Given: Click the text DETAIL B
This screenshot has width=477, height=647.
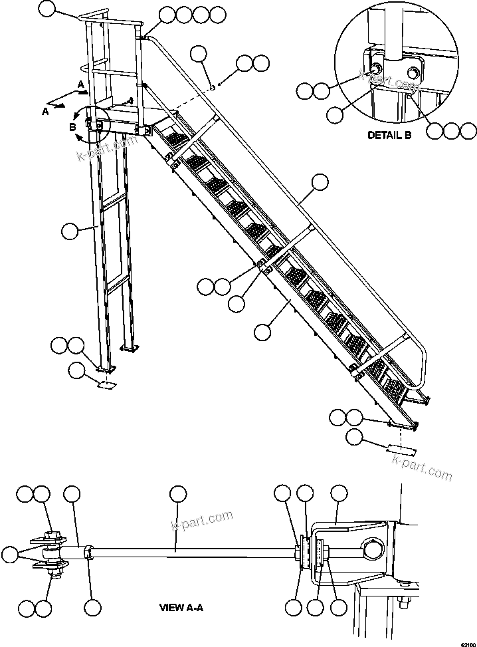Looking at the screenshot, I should (389, 135).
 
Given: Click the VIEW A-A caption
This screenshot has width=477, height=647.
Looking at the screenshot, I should (183, 607).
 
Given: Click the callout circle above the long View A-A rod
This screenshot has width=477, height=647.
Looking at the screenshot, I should (177, 493).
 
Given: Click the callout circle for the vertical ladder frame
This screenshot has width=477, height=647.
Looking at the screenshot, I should (70, 231).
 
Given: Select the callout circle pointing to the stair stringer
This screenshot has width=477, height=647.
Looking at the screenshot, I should (264, 331).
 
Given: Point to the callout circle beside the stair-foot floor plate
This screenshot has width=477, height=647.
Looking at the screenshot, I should (355, 438).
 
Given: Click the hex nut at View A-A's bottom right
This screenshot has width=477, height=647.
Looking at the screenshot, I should (403, 602).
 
